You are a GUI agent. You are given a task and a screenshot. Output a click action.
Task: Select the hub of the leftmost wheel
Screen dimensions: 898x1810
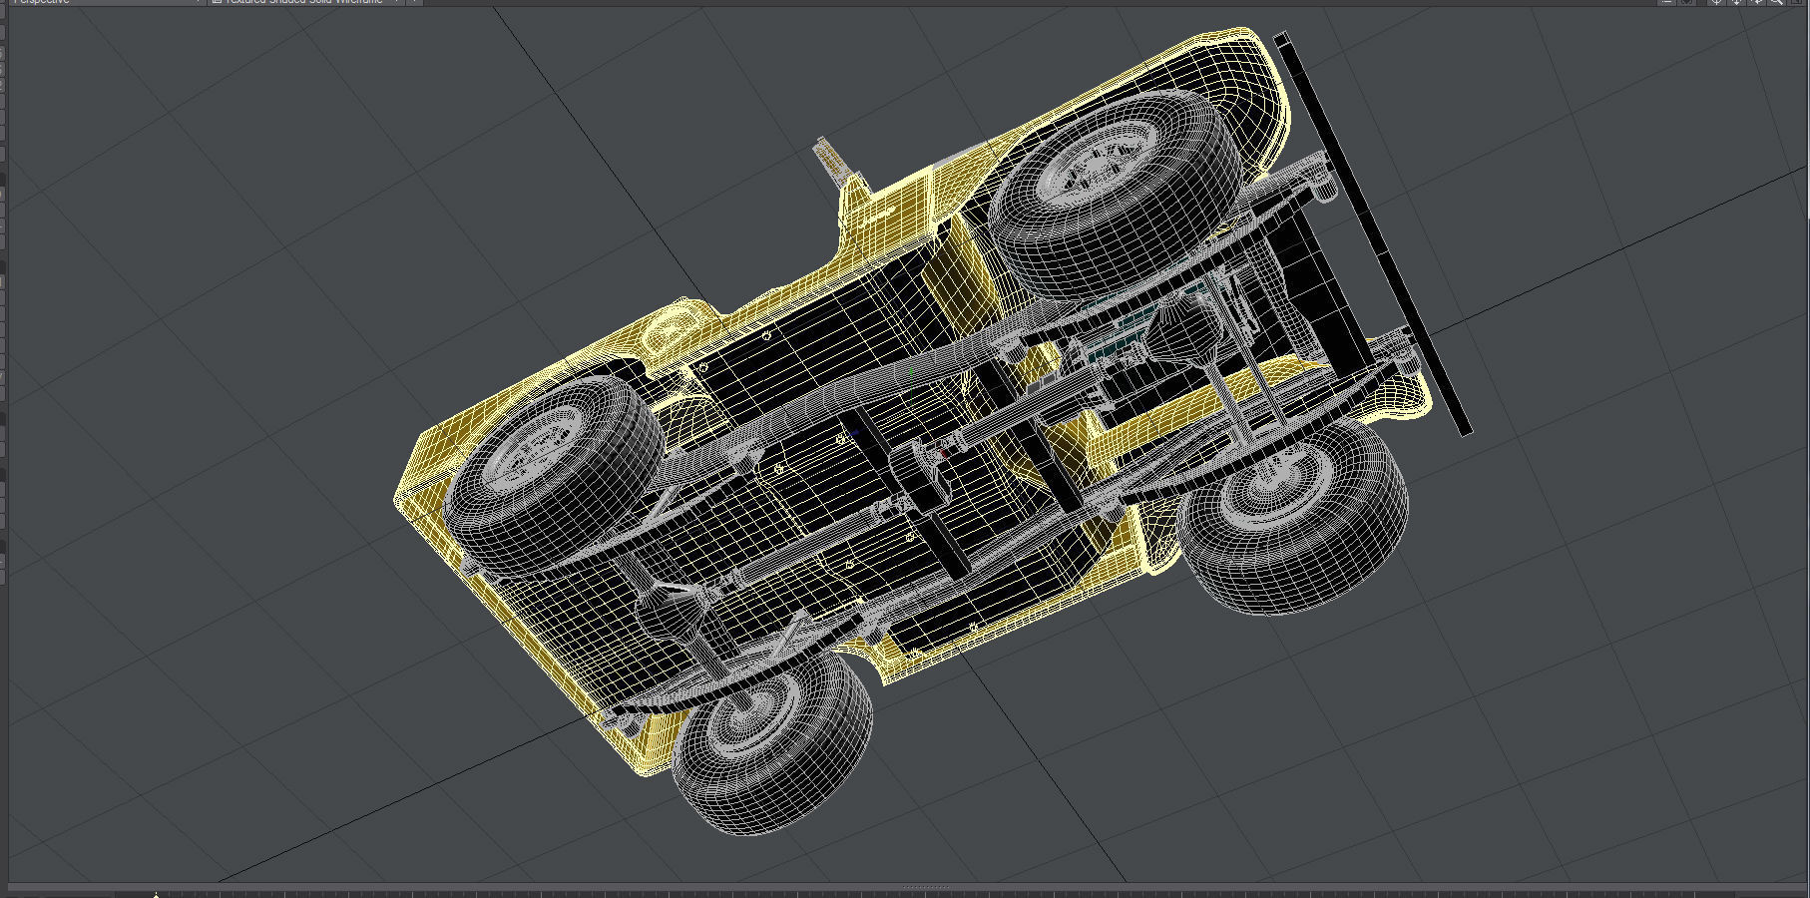coord(539,449)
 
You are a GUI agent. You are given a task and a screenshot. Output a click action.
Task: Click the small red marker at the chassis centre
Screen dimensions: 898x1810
coord(944,454)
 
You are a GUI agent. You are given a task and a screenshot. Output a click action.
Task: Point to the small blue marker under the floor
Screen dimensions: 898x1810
coord(856,434)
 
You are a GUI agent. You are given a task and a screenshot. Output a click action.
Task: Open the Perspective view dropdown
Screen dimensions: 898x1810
coord(100,2)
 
